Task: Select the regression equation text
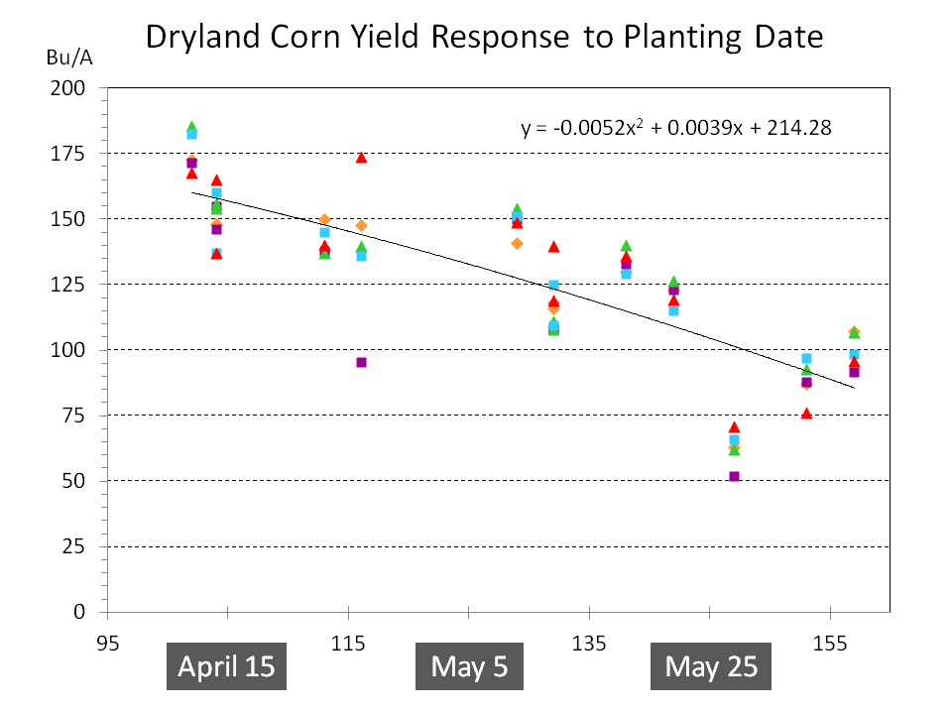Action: coord(675,128)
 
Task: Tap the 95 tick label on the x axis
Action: coord(108,644)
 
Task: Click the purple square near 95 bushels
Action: coord(361,363)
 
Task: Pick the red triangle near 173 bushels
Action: coord(361,158)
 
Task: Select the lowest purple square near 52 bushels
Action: coord(734,477)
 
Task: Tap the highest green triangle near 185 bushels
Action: coord(191,127)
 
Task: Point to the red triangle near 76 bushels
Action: coord(806,414)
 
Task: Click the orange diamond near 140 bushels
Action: coord(517,244)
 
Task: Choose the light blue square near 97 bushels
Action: coord(806,359)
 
